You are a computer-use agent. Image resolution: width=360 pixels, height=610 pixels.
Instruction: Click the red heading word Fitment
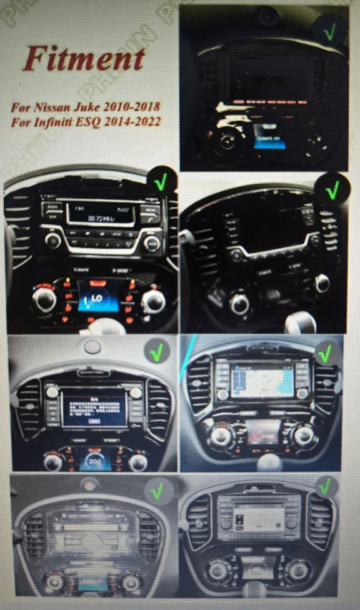(84, 59)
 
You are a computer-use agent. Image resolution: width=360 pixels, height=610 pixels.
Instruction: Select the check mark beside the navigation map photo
(325, 354)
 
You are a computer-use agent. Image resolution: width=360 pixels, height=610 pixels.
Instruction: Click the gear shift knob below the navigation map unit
(269, 463)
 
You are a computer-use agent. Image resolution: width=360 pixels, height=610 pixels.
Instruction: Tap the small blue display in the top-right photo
(269, 135)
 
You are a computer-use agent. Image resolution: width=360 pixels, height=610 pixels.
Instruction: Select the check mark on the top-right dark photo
(329, 29)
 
